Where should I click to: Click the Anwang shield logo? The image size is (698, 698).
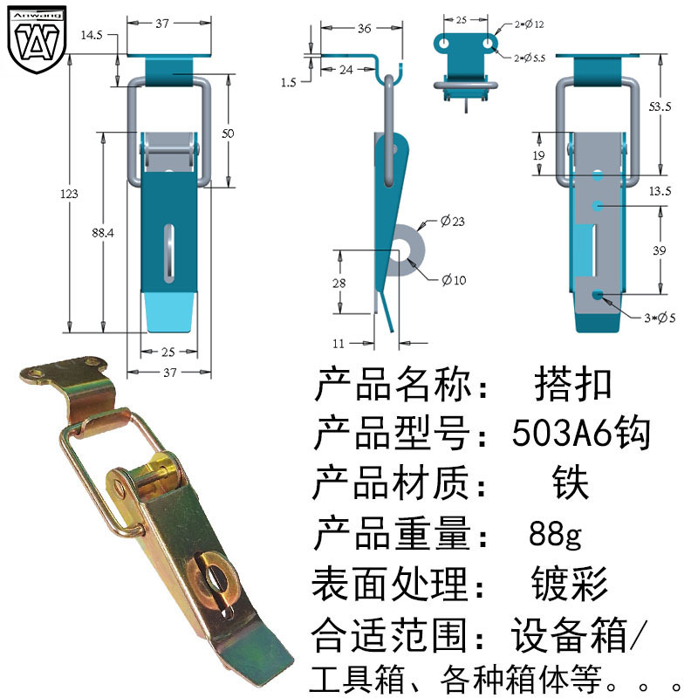pyautogui.click(x=37, y=39)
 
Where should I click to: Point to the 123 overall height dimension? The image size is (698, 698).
pyautogui.click(x=69, y=194)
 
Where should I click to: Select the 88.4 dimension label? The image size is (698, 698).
pyautogui.click(x=102, y=232)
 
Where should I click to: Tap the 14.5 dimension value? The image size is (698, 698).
pyautogui.click(x=92, y=35)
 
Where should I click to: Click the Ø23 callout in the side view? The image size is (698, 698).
pyautogui.click(x=452, y=221)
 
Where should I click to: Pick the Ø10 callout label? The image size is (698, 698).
pyautogui.click(x=454, y=279)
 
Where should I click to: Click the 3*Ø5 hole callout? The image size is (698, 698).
pyautogui.click(x=660, y=318)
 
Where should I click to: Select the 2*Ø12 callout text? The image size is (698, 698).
pyautogui.click(x=530, y=24)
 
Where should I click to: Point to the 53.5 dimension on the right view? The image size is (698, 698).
pyautogui.click(x=660, y=106)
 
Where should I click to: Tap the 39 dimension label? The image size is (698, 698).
pyautogui.click(x=660, y=250)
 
